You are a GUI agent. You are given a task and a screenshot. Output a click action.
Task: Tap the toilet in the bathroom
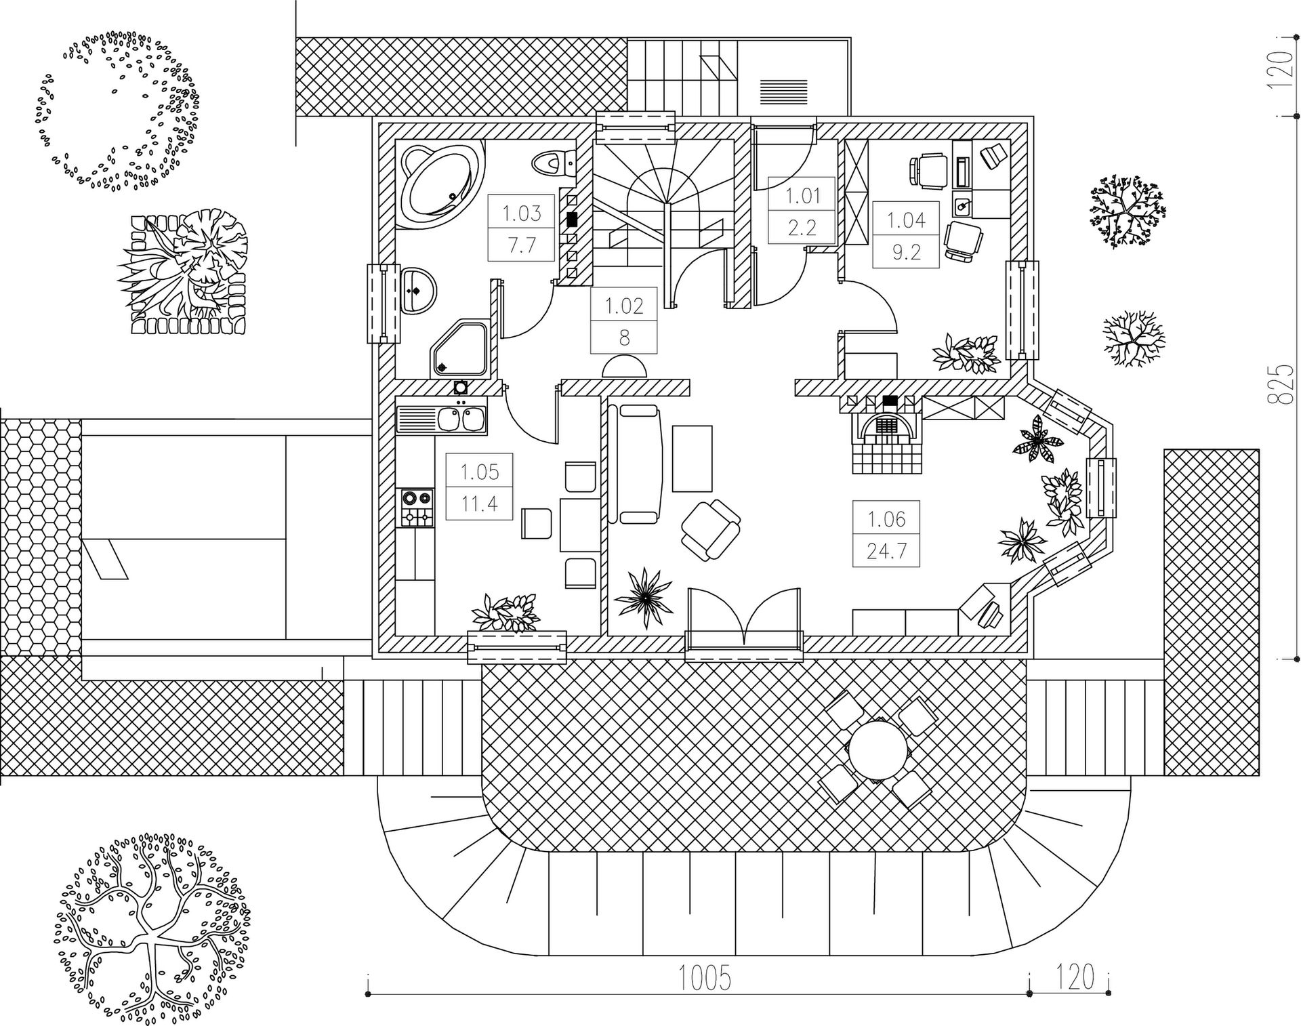553,163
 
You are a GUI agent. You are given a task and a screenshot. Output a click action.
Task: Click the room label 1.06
886,519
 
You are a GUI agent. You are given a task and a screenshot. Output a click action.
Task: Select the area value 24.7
886,550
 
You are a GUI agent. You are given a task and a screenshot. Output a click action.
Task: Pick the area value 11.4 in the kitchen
479,504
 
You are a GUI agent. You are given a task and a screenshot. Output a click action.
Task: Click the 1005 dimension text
705,978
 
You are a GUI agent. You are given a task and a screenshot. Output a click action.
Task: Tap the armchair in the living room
710,530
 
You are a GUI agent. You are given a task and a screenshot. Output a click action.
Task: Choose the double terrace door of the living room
743,623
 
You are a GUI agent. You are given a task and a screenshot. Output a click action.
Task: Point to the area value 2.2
802,227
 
